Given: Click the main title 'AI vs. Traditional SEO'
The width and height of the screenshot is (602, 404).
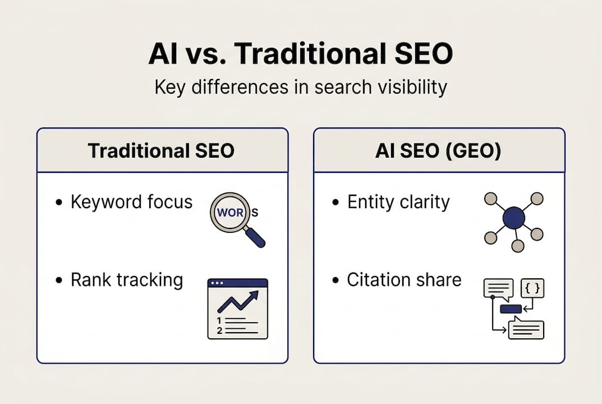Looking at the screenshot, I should [301, 54].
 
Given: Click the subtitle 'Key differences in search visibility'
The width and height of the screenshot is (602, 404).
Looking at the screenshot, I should [301, 88].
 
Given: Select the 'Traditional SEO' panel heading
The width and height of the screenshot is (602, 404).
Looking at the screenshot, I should [162, 151].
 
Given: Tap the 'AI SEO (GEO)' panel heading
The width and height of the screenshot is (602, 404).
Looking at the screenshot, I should [439, 151].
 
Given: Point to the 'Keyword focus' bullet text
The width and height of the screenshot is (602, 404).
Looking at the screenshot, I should [131, 202].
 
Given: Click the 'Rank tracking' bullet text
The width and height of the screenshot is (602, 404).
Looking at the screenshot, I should [127, 279].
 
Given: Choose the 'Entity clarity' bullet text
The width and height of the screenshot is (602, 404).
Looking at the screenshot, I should [398, 202].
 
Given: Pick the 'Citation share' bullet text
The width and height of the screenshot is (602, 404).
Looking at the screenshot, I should [404, 279].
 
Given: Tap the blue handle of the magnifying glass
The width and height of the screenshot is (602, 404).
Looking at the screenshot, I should [255, 237].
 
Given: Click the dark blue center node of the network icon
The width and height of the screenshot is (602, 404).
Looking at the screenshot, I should [513, 218].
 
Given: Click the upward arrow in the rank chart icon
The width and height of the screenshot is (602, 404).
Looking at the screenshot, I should [238, 302].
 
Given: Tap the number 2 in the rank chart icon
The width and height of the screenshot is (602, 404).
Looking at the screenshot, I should [219, 330].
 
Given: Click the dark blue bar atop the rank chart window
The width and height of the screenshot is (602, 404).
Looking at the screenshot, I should [237, 283].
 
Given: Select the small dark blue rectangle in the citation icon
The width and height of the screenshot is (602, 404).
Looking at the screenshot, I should [511, 308].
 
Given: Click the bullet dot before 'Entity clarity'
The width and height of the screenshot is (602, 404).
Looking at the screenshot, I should [336, 203].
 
